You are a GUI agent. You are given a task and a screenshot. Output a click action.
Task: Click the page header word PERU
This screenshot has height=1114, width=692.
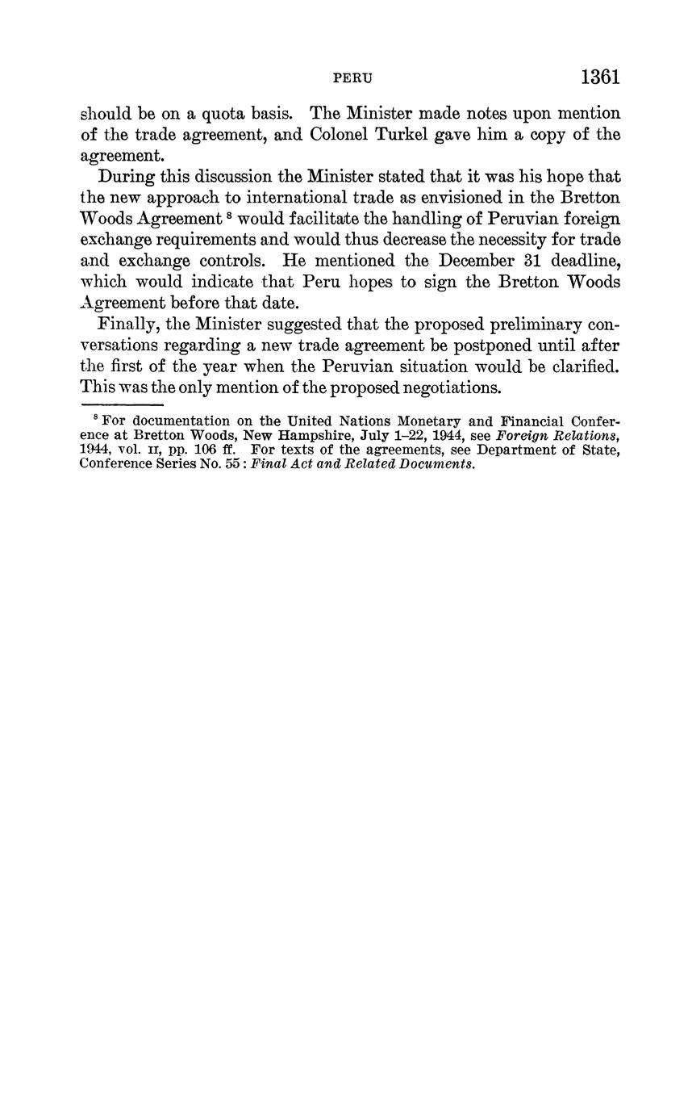(x=352, y=78)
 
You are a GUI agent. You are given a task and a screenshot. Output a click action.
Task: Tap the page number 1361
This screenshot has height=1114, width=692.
(x=599, y=77)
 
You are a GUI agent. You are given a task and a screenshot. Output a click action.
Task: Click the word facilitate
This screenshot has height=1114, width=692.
(x=317, y=218)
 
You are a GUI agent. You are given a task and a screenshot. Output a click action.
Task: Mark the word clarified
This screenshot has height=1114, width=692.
(x=580, y=366)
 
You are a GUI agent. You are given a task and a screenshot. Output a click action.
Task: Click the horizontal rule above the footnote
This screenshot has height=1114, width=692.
(x=122, y=404)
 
